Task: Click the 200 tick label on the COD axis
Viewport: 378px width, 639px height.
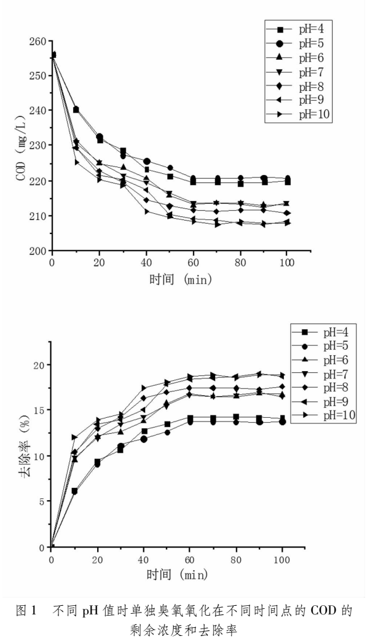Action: click(x=38, y=251)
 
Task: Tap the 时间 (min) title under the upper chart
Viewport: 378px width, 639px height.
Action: click(x=181, y=280)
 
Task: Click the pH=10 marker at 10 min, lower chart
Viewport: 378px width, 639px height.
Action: click(x=74, y=437)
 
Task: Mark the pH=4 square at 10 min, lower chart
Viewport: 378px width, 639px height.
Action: click(x=74, y=491)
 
